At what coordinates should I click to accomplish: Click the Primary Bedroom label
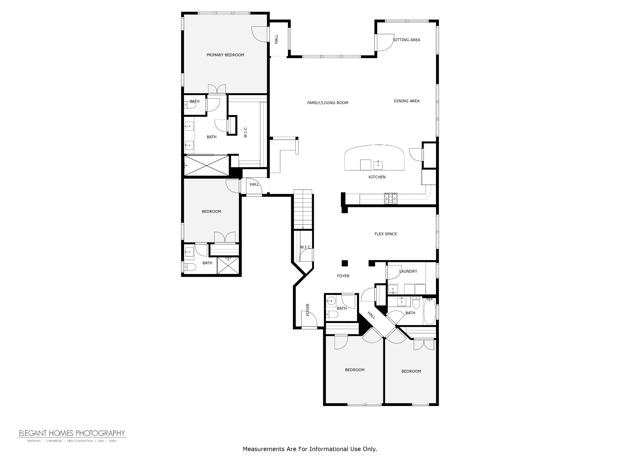tap(225, 55)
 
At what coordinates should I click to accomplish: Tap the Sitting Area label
tap(407, 40)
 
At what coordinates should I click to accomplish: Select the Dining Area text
tap(407, 101)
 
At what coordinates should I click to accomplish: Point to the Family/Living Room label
tap(328, 103)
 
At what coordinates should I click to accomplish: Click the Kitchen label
tap(377, 177)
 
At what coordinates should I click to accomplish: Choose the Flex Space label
tap(386, 234)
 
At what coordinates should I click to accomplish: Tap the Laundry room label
tap(408, 271)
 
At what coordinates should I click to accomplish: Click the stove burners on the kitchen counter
tap(391, 198)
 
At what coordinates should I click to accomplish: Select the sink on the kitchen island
tap(378, 165)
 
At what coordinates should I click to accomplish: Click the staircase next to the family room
tap(303, 209)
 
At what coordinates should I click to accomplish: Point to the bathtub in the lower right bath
tap(430, 311)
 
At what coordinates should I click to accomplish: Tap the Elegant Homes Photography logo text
tap(72, 433)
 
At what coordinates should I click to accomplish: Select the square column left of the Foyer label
tap(345, 263)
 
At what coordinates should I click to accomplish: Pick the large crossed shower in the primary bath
tap(206, 165)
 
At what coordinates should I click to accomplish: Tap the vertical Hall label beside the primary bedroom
tap(276, 39)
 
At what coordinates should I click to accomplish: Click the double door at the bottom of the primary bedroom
tap(217, 89)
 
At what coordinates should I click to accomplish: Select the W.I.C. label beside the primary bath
tap(245, 132)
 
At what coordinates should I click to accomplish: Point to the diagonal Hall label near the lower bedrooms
tap(371, 315)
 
